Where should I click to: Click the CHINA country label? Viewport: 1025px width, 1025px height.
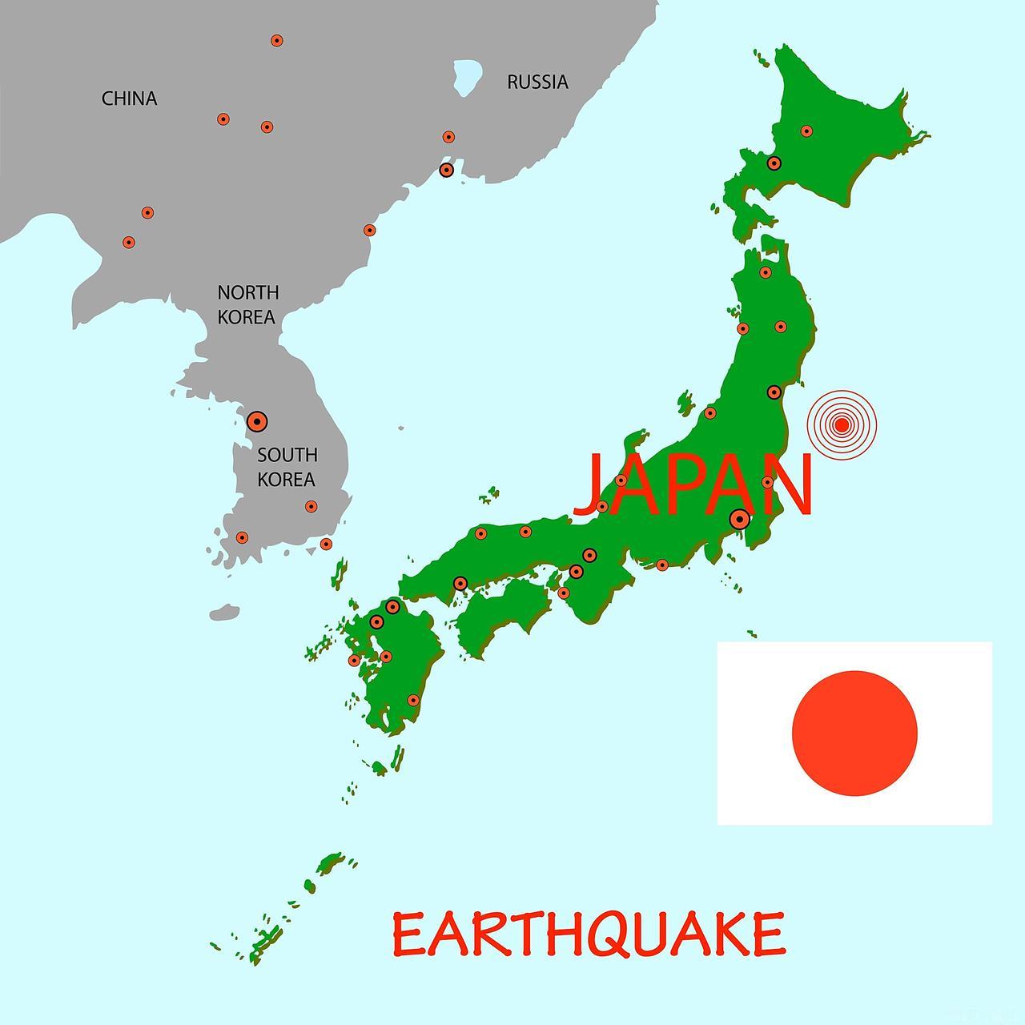pos(129,98)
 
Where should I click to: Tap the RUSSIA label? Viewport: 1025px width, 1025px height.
pos(537,82)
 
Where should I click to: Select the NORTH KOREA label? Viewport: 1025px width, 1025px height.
pos(247,304)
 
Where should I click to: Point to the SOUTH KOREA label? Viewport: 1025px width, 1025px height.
pos(287,467)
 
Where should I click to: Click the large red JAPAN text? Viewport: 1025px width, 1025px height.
pos(693,485)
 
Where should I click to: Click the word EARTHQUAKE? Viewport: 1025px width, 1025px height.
pos(589,934)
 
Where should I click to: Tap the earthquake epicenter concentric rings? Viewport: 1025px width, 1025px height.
pos(842,424)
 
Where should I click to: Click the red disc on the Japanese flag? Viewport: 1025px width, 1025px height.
pos(854,733)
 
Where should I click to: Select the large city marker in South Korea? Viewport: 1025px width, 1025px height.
pos(256,421)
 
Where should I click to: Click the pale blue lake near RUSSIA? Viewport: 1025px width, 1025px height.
pos(466,76)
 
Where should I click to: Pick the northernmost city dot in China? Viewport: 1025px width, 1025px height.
pos(276,40)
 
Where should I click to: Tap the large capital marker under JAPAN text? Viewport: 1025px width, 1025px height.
pos(740,519)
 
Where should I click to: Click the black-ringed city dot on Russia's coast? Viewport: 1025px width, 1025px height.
pos(447,170)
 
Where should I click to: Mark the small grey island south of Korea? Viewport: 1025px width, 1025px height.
pos(224,613)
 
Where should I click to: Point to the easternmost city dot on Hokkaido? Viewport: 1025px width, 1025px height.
pos(806,131)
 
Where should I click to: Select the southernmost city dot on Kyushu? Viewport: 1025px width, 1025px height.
pos(413,700)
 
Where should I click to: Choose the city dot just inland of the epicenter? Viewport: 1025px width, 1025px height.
pos(774,392)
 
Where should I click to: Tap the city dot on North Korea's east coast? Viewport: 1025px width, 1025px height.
pos(369,231)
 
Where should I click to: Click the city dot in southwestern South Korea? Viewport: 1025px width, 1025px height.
pos(242,537)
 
